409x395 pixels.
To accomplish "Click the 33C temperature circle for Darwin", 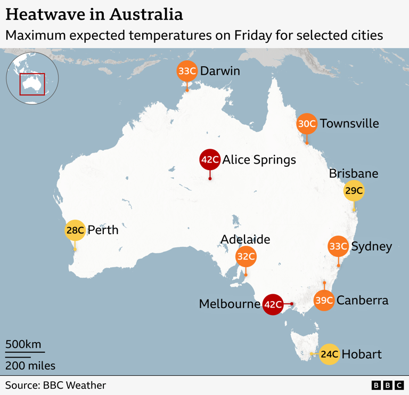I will (x=187, y=71).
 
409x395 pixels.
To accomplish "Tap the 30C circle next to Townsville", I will (x=307, y=124).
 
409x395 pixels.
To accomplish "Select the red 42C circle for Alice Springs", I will (x=210, y=159).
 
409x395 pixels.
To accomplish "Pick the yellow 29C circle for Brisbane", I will (x=354, y=190).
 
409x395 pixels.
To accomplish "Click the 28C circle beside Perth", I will (x=75, y=230).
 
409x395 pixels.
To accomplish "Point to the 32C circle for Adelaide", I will (x=246, y=256).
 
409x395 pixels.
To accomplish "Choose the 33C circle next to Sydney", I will (x=338, y=246).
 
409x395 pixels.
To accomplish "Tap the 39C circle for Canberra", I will (x=324, y=301).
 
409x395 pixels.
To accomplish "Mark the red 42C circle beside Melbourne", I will (x=273, y=304).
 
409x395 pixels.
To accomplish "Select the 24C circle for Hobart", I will (x=329, y=354).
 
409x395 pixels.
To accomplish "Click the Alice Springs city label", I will (x=259, y=159).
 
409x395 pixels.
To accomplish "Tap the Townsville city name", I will (x=349, y=124).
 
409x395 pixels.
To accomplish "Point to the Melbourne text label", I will (x=230, y=304).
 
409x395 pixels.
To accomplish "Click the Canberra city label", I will (x=363, y=301).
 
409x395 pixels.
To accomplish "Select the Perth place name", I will (x=103, y=230).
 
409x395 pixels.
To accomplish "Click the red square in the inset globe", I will (x=32, y=84).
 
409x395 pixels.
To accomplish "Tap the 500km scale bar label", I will (x=23, y=344).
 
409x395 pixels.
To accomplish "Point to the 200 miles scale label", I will (x=30, y=366).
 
